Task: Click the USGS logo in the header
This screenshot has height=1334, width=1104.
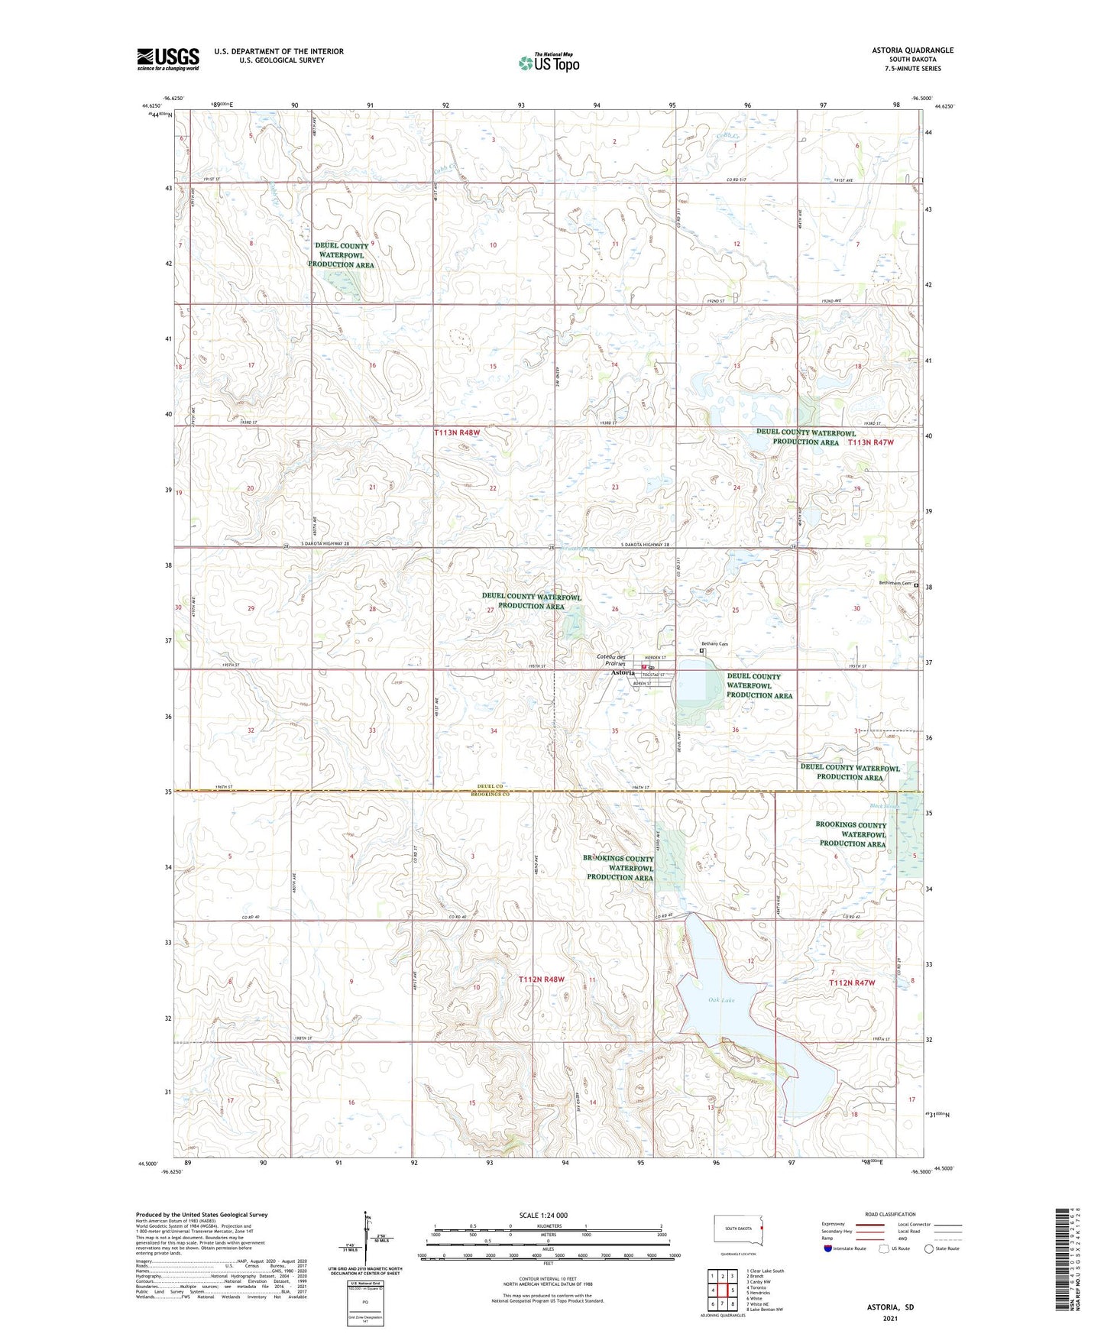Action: pyautogui.click(x=168, y=59)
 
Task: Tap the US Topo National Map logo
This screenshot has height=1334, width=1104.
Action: pyautogui.click(x=548, y=62)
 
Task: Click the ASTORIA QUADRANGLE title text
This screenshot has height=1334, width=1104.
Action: pyautogui.click(x=912, y=50)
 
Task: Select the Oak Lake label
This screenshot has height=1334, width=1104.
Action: pyautogui.click(x=720, y=999)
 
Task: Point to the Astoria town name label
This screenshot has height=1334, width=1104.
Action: pyautogui.click(x=623, y=672)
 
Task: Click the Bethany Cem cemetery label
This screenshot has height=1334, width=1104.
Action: pyautogui.click(x=715, y=644)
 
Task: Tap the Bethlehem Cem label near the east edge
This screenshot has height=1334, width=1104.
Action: pyautogui.click(x=895, y=584)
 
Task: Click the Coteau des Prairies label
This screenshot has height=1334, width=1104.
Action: pyautogui.click(x=610, y=660)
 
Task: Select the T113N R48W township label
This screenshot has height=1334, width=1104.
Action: pyautogui.click(x=461, y=432)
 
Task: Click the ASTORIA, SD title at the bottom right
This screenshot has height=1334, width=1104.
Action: pyautogui.click(x=890, y=1307)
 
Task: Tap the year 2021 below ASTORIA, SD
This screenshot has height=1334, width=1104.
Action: pyautogui.click(x=890, y=1319)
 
